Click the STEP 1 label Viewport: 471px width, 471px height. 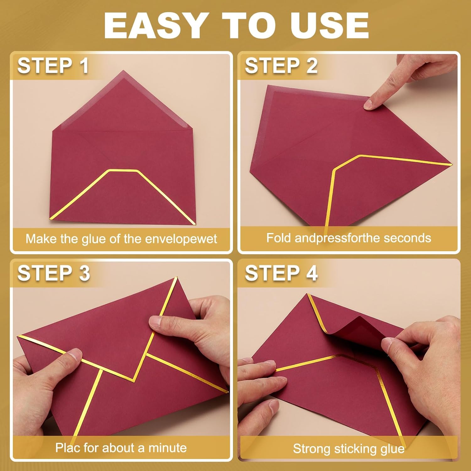click(53, 66)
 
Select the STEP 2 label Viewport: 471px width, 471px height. click(281, 66)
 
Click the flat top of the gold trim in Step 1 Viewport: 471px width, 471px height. click(123, 171)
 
